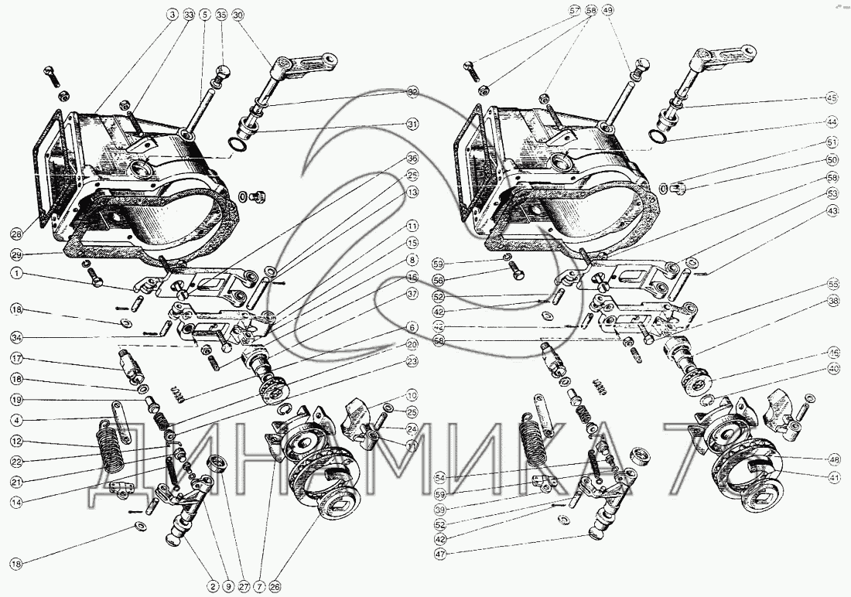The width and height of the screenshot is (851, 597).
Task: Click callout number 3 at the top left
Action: coord(170,15)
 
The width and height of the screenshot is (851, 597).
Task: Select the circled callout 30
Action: coord(238,15)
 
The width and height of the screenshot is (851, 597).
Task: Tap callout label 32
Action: coord(413,92)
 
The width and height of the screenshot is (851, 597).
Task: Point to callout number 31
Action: coord(413,125)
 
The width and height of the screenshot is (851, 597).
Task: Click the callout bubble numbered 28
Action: coord(16,234)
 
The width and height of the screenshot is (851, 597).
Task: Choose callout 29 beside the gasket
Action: coord(16,254)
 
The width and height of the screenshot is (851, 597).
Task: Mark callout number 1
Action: coord(16,273)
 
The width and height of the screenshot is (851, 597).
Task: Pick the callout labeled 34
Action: coord(16,336)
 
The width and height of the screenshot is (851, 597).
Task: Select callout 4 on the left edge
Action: coord(16,421)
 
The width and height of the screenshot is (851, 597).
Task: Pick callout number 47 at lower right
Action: coord(439,554)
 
